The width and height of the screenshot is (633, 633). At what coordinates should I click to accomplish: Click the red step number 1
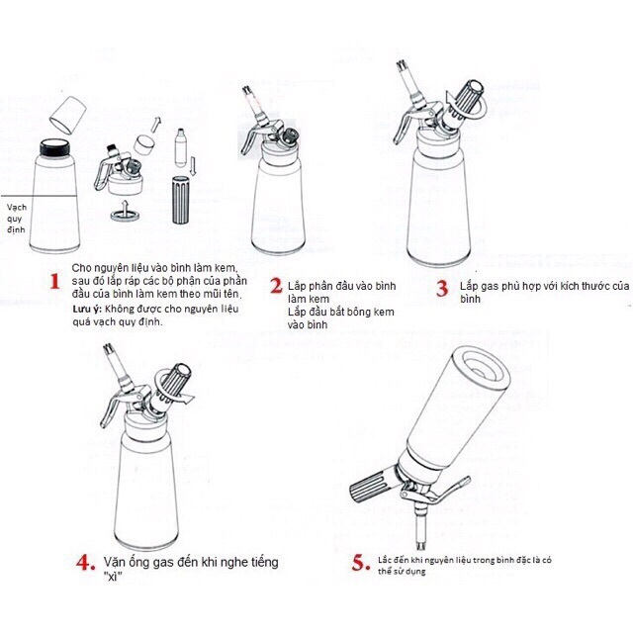(55, 281)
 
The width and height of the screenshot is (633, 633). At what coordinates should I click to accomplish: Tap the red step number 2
(277, 286)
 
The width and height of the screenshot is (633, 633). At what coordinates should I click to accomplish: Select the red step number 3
(442, 289)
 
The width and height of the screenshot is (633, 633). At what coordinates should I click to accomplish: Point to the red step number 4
(86, 562)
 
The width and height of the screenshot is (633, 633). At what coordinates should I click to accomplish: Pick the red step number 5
(360, 563)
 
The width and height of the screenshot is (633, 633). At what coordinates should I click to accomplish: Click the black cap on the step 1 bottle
(55, 147)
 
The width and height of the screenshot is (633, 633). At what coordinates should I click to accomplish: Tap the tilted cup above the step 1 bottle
(68, 115)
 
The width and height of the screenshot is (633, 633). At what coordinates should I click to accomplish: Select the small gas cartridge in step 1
(180, 147)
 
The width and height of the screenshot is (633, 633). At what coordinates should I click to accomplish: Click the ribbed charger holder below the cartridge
(180, 200)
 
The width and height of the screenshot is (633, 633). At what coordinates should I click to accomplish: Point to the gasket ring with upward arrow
(126, 214)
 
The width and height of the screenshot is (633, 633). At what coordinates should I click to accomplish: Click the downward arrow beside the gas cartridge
(193, 166)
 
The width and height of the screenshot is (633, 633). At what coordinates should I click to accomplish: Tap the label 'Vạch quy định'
(17, 219)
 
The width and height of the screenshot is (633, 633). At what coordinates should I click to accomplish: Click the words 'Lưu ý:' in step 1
(87, 310)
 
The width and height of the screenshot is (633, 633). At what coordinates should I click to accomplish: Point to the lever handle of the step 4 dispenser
(112, 406)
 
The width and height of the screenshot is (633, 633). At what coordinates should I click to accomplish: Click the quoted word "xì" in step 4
(113, 577)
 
